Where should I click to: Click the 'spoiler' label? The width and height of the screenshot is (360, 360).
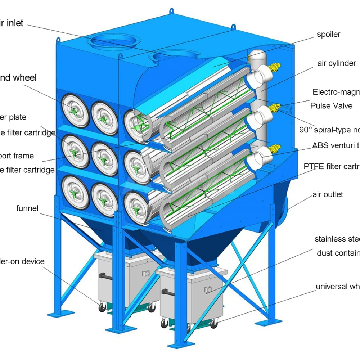[328, 35]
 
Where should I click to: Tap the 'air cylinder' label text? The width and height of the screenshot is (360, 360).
[337, 63]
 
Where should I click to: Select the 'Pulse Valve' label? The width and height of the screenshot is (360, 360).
[331, 106]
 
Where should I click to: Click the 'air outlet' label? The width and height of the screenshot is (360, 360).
[328, 195]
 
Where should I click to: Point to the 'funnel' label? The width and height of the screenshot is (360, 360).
[27, 208]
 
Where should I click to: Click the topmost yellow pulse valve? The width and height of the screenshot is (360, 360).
[275, 66]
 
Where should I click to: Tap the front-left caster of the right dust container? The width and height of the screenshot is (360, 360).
[165, 323]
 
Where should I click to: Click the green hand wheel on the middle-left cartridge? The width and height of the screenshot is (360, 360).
[75, 151]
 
